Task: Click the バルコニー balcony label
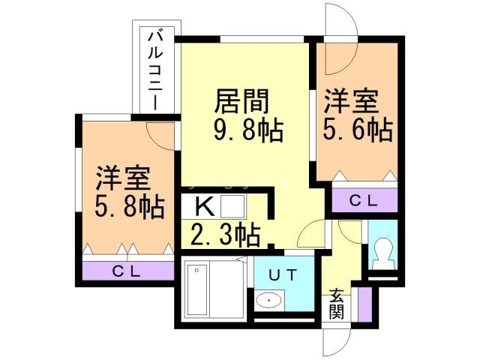[156, 68]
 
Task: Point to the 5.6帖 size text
[357, 130]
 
